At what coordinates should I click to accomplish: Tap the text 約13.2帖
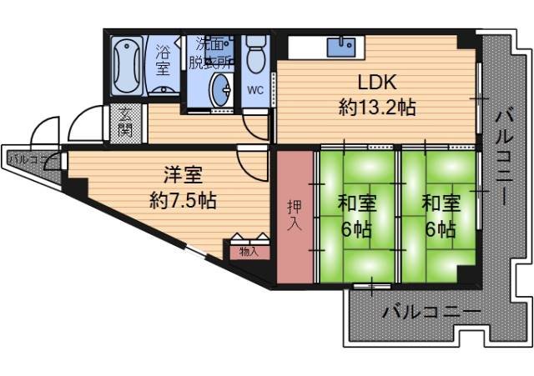(x=377, y=108)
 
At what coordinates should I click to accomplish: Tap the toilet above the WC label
(x=256, y=55)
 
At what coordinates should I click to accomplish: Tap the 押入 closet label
(x=295, y=215)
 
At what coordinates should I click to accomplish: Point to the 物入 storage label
(x=249, y=250)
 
